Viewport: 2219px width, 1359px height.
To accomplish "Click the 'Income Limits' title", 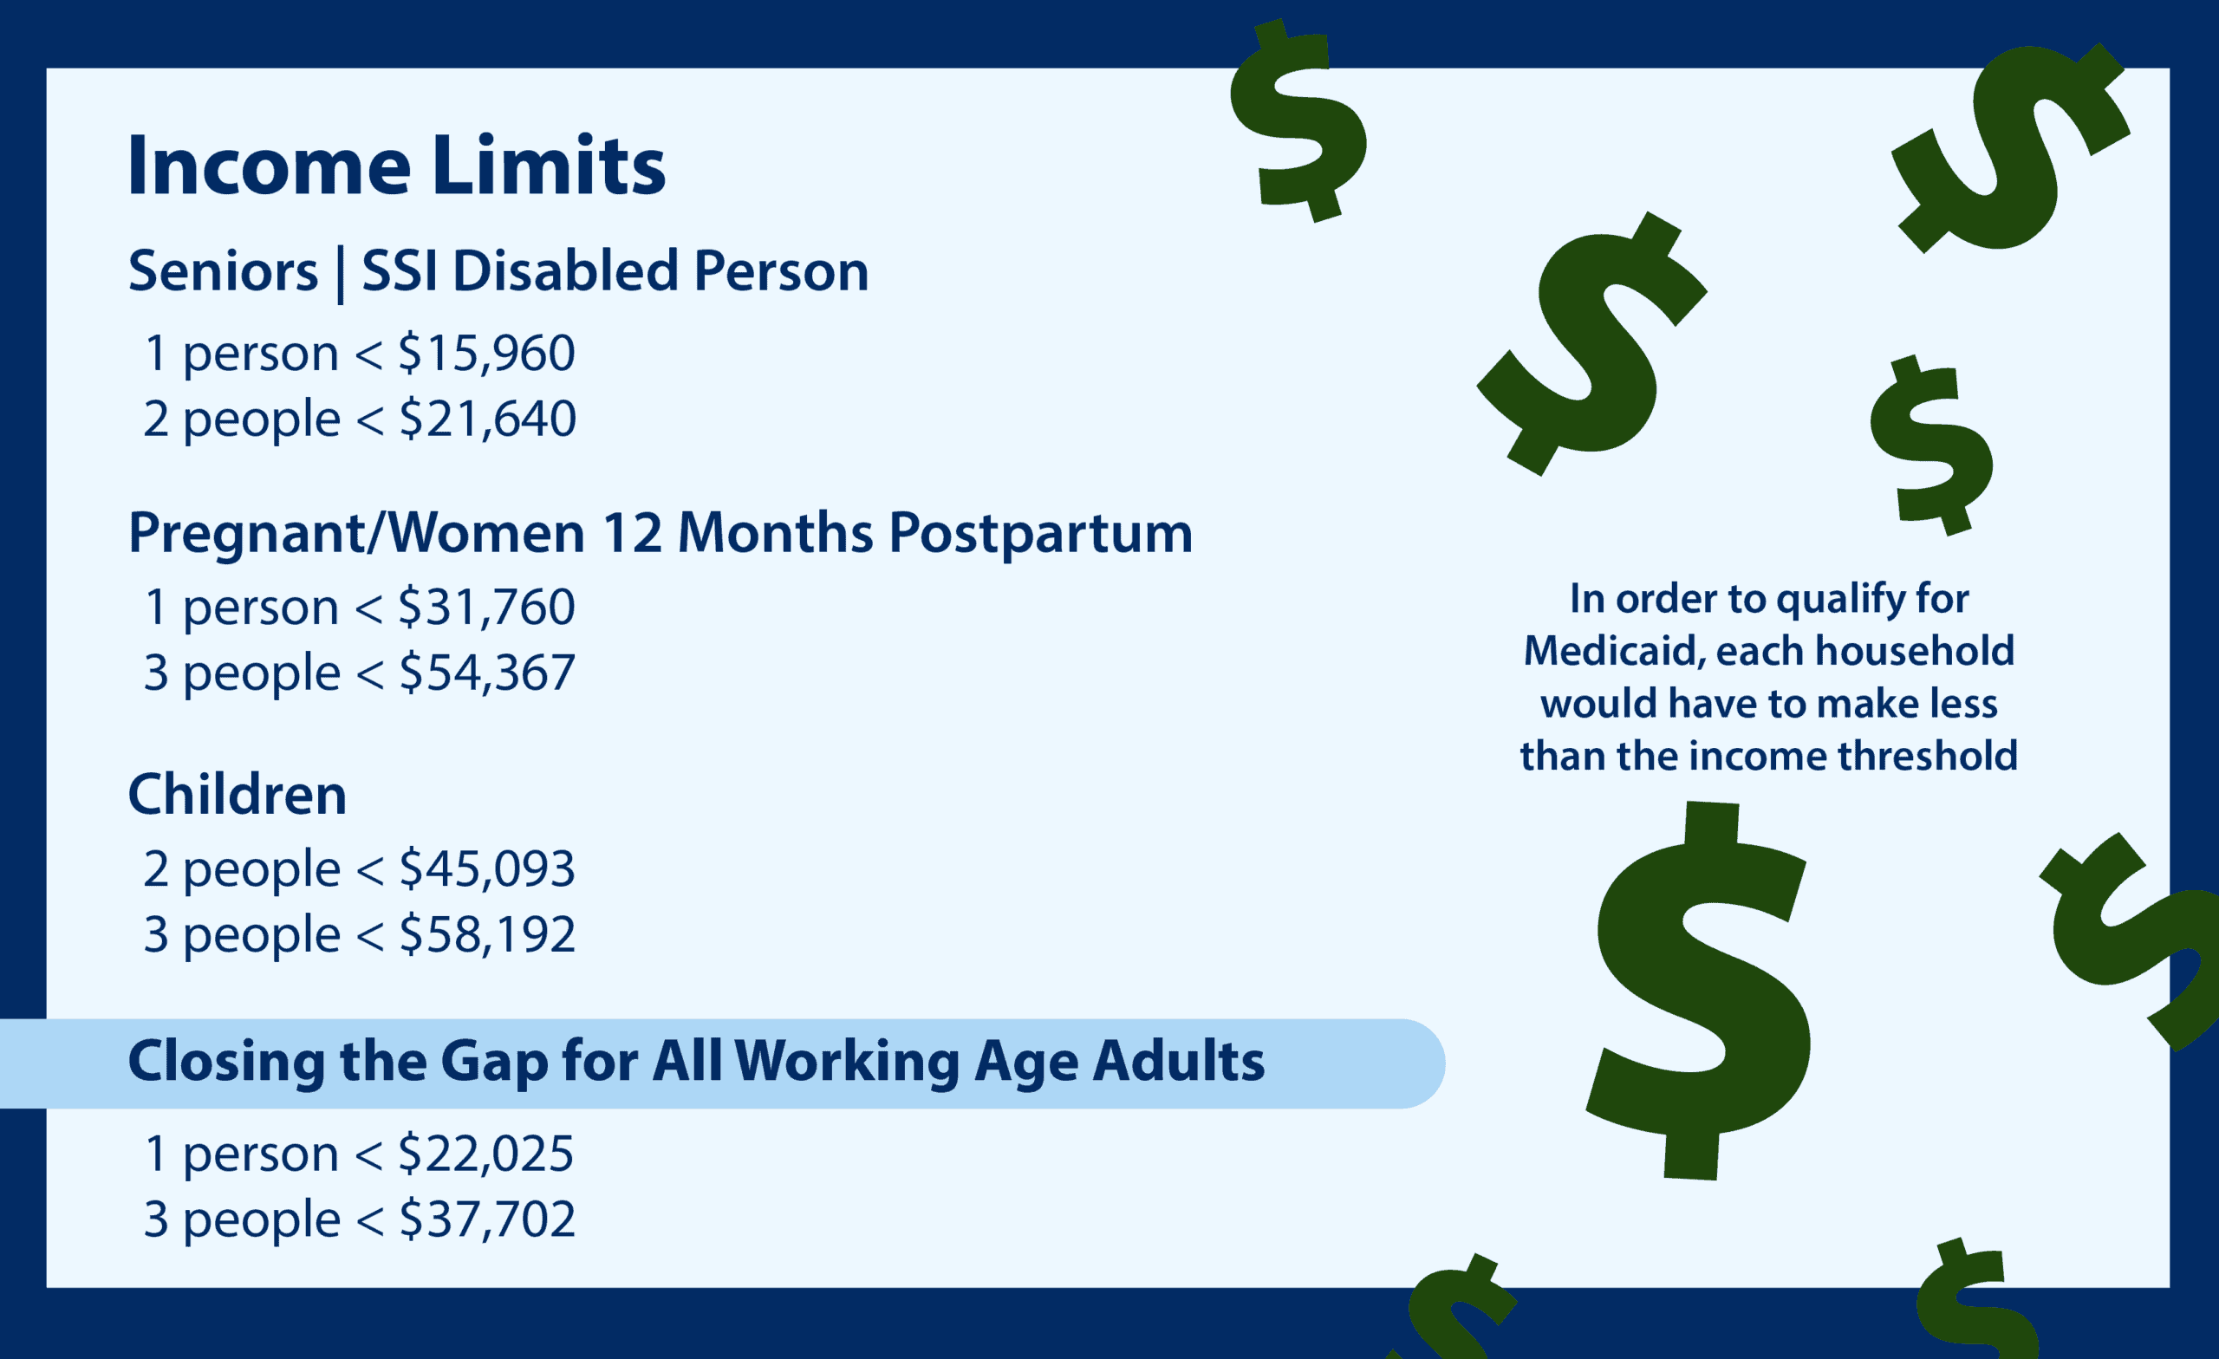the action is coord(396,165).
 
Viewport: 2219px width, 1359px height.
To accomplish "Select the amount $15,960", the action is coord(486,353).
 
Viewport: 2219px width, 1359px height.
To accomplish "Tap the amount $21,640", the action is coord(487,419).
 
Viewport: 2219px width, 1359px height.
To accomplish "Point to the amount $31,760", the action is coord(486,607).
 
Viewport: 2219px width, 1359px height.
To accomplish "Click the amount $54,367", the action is coord(486,673).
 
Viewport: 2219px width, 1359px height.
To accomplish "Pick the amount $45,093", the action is coord(486,869).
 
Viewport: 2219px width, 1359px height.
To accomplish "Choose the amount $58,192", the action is coord(486,935).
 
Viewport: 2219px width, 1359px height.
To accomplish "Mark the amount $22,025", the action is coord(485,1154).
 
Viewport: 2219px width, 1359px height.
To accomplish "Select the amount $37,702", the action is coord(486,1219).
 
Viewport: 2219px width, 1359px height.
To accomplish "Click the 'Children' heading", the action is coord(238,794).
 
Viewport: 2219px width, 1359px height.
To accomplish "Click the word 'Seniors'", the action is coord(224,271).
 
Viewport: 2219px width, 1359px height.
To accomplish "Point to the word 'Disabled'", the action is coord(564,271).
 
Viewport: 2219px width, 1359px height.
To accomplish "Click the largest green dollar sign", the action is coord(1700,991).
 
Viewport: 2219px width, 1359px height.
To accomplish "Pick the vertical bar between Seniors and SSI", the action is coord(340,275).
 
